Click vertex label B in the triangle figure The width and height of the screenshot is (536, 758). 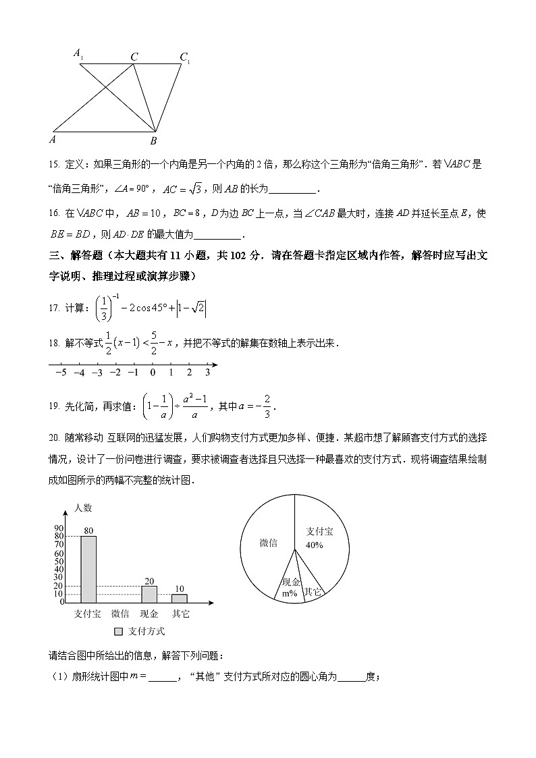[x=153, y=140]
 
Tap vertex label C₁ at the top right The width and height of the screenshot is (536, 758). [x=184, y=57]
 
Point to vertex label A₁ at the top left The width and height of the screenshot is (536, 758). [x=78, y=53]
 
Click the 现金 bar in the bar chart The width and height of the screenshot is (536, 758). [x=149, y=593]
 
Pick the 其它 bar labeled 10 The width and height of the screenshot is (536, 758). [x=179, y=597]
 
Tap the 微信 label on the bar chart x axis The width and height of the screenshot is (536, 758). [x=120, y=614]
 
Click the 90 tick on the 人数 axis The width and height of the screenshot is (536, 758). [x=59, y=529]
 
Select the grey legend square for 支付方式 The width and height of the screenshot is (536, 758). [x=119, y=632]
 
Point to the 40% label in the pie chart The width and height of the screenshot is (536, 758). [x=315, y=545]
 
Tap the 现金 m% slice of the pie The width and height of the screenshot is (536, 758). [x=291, y=585]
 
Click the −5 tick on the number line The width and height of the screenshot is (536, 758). [x=61, y=372]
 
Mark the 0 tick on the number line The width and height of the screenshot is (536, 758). [x=153, y=372]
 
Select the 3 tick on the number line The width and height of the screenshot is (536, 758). [x=207, y=372]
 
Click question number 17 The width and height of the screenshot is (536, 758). [x=54, y=308]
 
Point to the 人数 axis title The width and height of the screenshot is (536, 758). [x=84, y=508]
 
